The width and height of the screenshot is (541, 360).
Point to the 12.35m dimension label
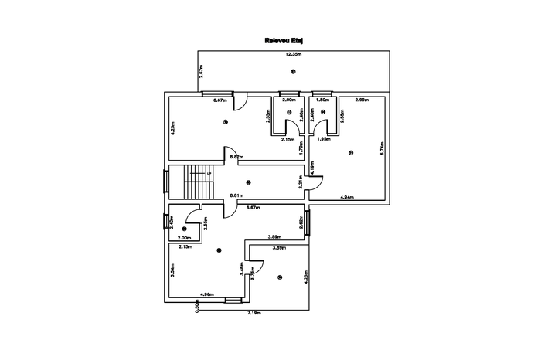click(293, 54)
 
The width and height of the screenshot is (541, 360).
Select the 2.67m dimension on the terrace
click(201, 72)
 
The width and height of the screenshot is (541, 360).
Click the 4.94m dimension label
click(347, 198)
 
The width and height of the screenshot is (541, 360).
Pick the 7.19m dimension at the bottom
click(254, 313)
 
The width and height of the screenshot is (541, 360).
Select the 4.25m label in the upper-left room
click(173, 127)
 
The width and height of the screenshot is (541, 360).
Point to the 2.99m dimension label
click(362, 100)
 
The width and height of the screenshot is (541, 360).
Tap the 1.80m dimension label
click(323, 100)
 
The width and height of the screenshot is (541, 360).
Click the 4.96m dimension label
click(207, 295)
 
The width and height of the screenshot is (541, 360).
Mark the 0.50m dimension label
click(198, 306)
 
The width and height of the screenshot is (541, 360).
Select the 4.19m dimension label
click(311, 166)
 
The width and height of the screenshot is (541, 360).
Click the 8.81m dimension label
click(237, 195)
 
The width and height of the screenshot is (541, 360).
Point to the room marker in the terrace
click(294, 72)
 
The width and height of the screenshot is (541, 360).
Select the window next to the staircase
click(166, 184)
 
